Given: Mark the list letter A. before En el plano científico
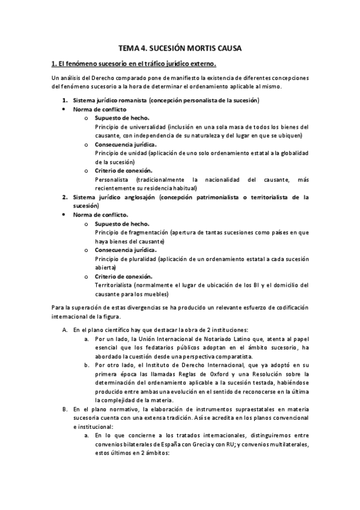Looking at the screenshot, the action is [65, 330].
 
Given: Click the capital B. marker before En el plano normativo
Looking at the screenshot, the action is [65, 409].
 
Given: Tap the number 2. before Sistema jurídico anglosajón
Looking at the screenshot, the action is [66, 197].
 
